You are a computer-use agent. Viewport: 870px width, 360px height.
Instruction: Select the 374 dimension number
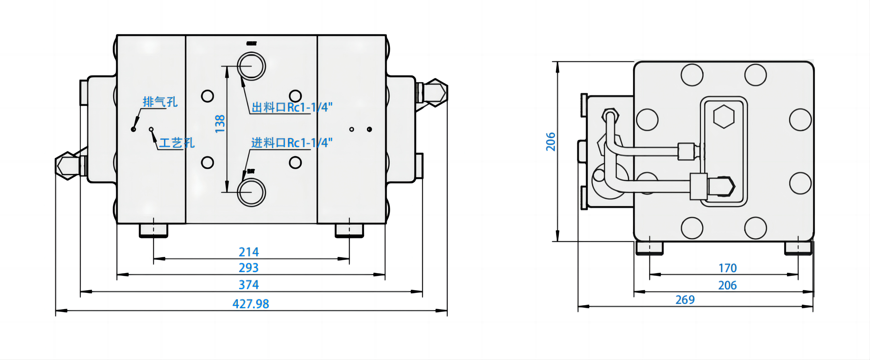point(249,285)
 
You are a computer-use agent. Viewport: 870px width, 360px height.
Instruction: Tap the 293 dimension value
point(249,268)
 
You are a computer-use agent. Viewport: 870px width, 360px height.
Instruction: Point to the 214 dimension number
point(249,252)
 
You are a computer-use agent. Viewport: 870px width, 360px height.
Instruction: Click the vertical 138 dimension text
point(220,124)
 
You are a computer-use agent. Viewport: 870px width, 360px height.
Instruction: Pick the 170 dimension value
point(727,268)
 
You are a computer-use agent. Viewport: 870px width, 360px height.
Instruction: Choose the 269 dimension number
point(685,300)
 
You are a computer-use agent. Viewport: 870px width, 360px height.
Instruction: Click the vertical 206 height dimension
point(551,141)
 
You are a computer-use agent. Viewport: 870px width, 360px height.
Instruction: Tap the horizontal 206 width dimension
point(727,285)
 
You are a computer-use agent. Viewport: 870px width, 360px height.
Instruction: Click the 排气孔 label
point(160,102)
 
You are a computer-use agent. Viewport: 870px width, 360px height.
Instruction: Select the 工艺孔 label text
point(177,143)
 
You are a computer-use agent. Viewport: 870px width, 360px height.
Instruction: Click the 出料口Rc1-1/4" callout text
point(292,107)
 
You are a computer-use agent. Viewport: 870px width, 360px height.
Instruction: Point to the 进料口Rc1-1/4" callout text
point(292,143)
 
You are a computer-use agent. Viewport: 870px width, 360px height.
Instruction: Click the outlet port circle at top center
point(251,66)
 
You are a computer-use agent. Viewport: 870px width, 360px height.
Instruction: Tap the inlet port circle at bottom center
point(251,192)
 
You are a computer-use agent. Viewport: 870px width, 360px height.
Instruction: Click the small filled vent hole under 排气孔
point(133,129)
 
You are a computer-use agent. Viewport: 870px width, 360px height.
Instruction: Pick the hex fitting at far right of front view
point(436,92)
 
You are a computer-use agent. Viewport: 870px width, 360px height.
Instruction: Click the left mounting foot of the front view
point(154,231)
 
